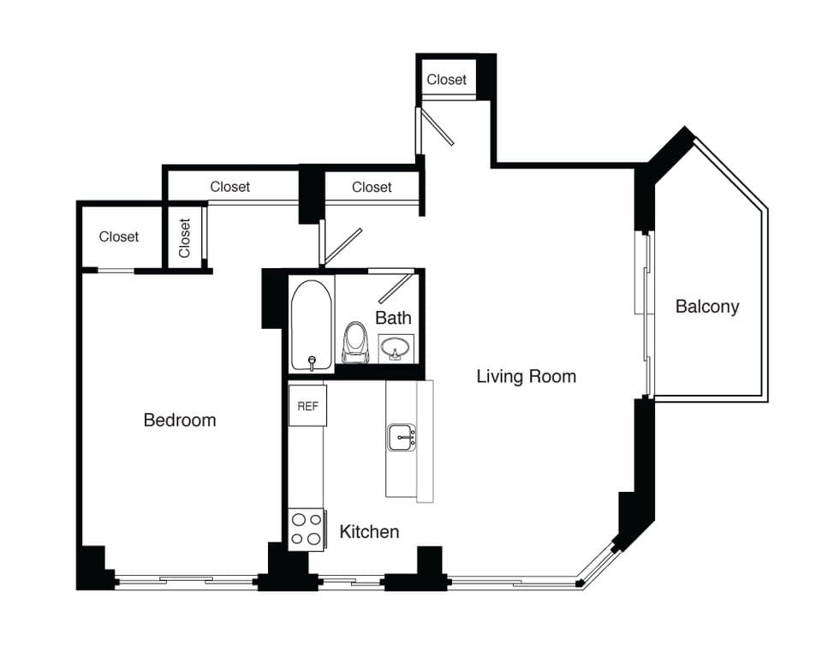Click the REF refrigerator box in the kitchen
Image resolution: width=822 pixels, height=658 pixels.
(x=307, y=405)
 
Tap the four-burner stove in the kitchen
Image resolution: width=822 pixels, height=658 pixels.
(x=306, y=529)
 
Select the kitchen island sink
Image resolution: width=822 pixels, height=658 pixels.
(x=402, y=437)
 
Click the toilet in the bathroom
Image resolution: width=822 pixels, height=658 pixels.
(x=354, y=341)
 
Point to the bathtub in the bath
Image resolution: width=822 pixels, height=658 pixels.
(x=311, y=326)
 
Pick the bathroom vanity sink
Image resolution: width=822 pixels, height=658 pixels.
(x=396, y=347)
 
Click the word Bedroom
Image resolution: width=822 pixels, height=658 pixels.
(x=180, y=420)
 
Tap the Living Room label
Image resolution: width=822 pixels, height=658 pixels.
(x=526, y=376)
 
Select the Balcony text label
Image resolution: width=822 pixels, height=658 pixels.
(x=706, y=306)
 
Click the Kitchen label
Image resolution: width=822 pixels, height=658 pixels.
(x=369, y=531)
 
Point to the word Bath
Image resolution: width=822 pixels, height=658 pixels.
(x=393, y=317)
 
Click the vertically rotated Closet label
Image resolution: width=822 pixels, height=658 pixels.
(x=185, y=237)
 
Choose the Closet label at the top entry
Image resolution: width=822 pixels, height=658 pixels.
(x=447, y=80)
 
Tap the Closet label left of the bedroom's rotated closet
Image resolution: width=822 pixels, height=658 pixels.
(x=119, y=236)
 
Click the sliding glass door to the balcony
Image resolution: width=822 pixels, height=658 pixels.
(x=647, y=313)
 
